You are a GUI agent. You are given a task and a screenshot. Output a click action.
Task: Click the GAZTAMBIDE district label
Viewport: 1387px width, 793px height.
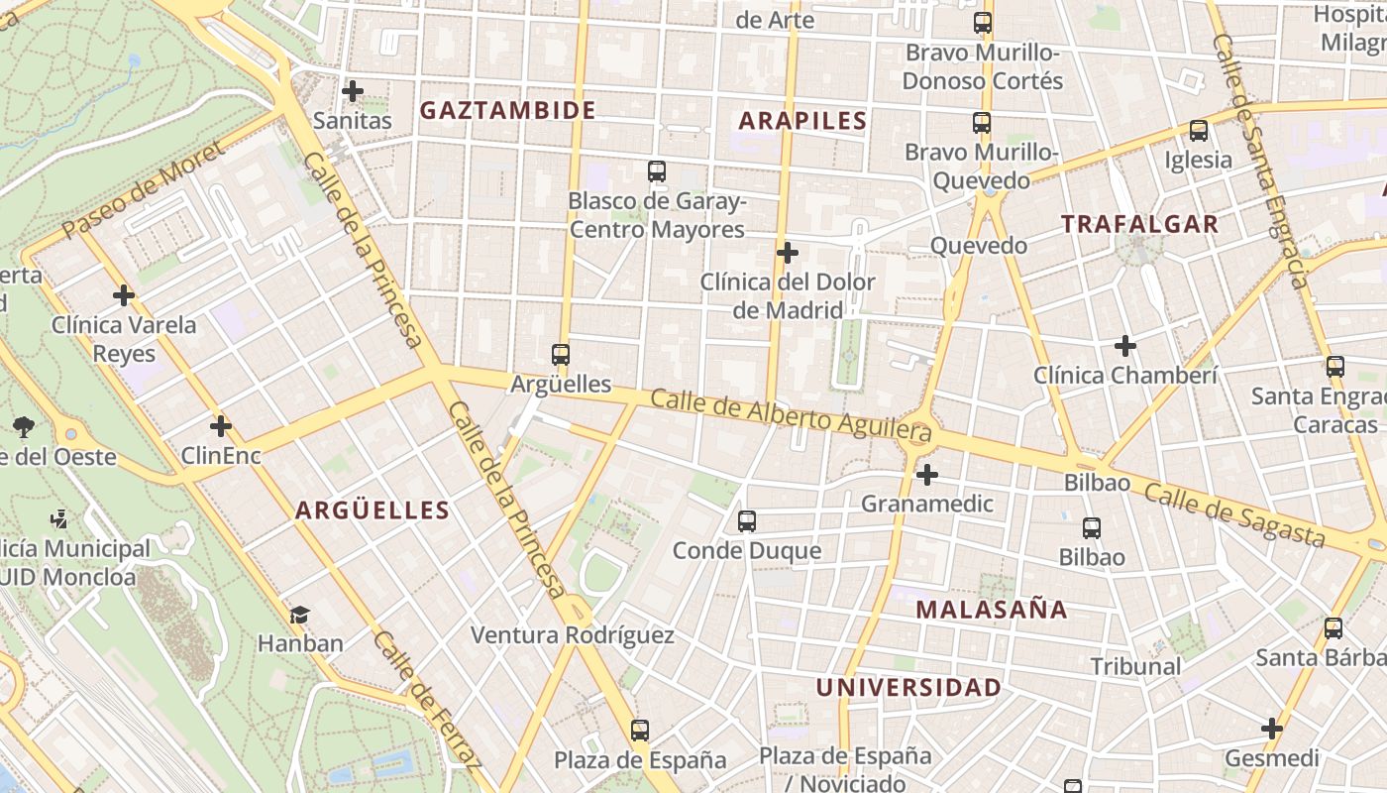[x=507, y=110]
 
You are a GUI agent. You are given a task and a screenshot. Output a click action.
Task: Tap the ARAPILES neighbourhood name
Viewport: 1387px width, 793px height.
[x=802, y=121]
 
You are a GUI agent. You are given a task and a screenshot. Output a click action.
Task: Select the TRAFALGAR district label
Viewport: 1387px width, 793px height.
[x=1139, y=224]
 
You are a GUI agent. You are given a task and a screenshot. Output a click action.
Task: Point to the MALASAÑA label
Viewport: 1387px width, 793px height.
[x=991, y=610]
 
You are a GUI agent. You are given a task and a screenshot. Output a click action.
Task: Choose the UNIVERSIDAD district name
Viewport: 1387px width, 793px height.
[x=908, y=687]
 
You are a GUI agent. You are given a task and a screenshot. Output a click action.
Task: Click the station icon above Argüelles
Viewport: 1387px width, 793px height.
[x=561, y=354]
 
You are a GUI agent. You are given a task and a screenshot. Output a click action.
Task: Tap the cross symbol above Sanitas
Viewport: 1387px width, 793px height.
[x=352, y=91]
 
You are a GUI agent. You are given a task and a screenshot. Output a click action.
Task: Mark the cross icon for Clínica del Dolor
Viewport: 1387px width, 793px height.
[x=788, y=253]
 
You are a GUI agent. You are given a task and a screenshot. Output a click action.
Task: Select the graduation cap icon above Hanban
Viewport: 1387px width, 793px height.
[x=300, y=615]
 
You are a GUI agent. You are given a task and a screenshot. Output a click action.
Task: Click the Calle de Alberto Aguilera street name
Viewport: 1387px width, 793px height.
[x=792, y=415]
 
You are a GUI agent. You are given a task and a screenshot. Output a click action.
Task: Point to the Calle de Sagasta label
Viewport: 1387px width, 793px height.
[x=1233, y=514]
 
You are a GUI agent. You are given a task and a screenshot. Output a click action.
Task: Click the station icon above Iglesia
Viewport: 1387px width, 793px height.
[x=1198, y=130]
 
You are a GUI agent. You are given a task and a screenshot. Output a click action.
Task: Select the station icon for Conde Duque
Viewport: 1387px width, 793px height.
[x=747, y=520]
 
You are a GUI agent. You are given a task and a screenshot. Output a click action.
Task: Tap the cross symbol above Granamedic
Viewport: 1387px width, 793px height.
[x=926, y=475]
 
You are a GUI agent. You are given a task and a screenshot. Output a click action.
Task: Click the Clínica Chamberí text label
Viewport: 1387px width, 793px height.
[x=1124, y=376]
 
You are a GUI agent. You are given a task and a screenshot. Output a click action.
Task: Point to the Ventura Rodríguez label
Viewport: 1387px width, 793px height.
[x=572, y=635]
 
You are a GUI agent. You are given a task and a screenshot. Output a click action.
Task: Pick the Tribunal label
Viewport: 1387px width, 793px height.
[x=1135, y=666]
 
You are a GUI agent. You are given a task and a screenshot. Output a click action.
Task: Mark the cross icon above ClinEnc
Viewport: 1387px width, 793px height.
[x=221, y=426]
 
